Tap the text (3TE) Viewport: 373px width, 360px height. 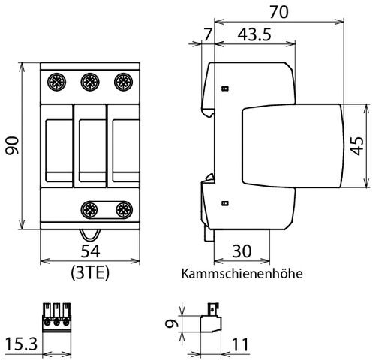click(x=89, y=272)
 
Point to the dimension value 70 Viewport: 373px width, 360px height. click(x=279, y=13)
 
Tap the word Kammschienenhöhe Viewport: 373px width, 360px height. click(x=242, y=273)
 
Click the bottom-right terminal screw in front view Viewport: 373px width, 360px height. click(x=122, y=209)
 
